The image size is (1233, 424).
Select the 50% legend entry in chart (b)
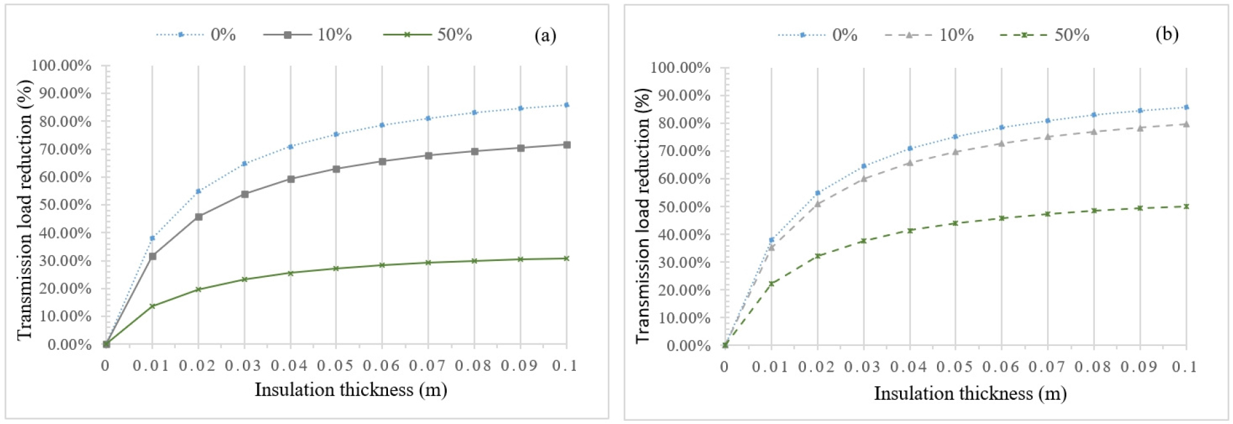point(1044,35)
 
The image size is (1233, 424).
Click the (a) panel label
point(545,35)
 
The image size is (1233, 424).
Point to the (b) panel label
point(1167,34)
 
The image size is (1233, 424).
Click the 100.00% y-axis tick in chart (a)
point(61,66)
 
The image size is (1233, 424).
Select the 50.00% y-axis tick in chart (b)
point(680,207)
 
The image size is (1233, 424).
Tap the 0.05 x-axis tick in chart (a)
point(336,366)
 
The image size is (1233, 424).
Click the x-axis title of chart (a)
point(350,389)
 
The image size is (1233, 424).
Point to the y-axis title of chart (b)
point(642,216)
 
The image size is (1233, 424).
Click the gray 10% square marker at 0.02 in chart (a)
point(199,217)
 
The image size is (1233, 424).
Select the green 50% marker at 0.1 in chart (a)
point(567,258)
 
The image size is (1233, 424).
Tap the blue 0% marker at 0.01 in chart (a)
point(152,238)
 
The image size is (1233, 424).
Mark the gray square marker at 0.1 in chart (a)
point(567,145)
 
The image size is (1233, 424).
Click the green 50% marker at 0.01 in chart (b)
point(772,283)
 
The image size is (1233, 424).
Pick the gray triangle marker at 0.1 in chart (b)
point(1186,124)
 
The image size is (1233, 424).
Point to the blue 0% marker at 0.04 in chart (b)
point(910,148)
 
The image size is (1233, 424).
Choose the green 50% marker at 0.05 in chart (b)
point(956,223)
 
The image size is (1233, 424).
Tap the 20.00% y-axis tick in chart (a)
point(61,288)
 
